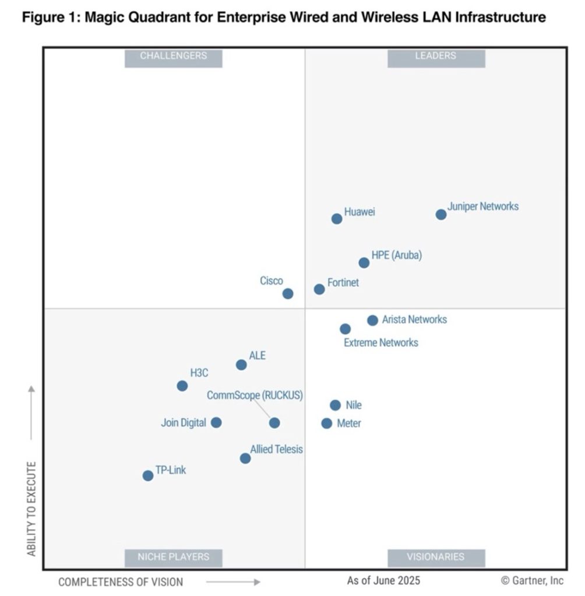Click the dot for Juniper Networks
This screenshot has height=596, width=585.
pos(441,215)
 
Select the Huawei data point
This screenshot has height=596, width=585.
pos(337,219)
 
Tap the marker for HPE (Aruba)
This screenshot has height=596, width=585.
pos(364,263)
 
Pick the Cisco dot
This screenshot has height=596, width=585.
pos(288,294)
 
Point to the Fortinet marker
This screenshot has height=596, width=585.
pos(319,289)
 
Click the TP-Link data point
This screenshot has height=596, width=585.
pos(148,476)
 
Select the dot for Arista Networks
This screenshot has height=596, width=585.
pos(373,320)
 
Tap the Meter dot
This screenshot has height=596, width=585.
pos(327,423)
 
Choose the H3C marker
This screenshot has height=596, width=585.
pos(182,386)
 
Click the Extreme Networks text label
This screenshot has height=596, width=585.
pos(381,343)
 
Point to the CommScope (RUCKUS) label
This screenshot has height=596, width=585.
pos(255,395)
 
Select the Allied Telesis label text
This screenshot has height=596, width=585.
pos(277,449)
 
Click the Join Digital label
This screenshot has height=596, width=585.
pos(184,423)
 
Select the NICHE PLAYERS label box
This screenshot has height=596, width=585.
pos(174,557)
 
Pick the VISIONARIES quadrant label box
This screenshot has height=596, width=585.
pos(436,557)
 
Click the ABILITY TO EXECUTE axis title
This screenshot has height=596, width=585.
pos(31,509)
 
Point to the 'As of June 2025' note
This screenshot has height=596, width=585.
pos(383,580)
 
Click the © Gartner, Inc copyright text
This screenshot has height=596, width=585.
pos(532,580)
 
